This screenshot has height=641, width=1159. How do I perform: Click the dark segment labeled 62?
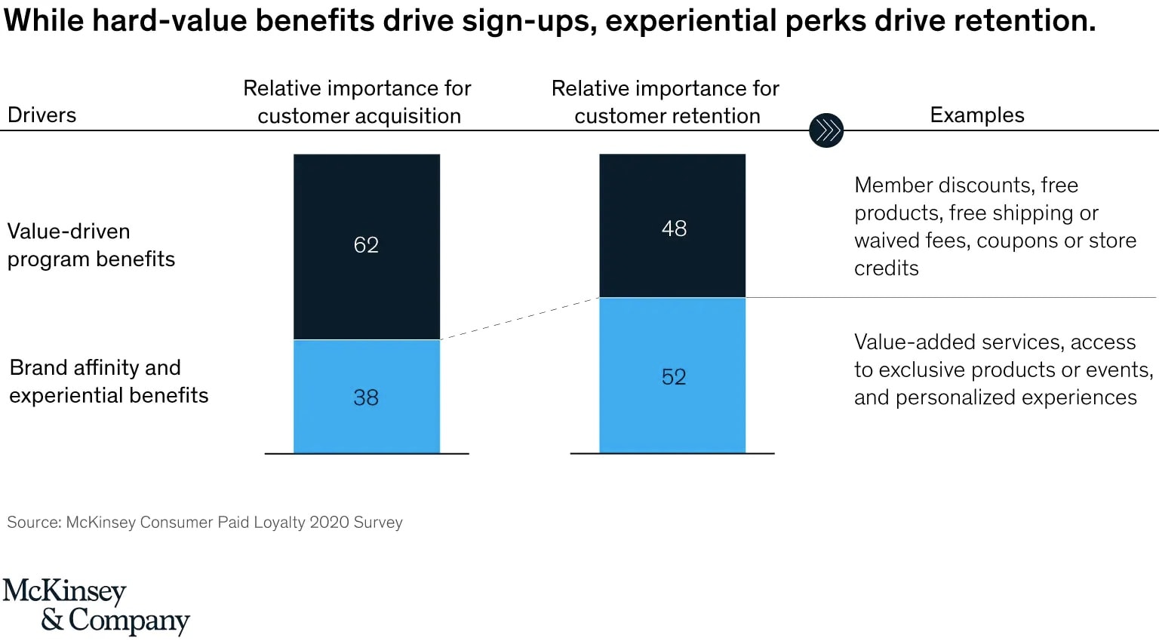(x=367, y=247)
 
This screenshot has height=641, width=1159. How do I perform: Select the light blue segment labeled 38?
(x=367, y=397)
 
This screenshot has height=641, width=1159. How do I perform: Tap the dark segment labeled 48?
(x=672, y=226)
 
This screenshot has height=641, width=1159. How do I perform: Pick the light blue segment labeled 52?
(x=672, y=376)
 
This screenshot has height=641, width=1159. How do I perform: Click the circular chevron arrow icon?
(x=825, y=130)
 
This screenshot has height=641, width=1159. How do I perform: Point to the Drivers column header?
(x=42, y=115)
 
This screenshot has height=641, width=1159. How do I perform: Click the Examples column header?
(x=976, y=115)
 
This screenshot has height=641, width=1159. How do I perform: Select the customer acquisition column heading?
(x=358, y=102)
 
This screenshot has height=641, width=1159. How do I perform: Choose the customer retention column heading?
(x=666, y=102)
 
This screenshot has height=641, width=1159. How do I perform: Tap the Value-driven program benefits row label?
(x=91, y=245)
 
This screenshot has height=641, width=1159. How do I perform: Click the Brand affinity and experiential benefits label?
(x=109, y=382)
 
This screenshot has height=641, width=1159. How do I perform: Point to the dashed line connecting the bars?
(x=519, y=319)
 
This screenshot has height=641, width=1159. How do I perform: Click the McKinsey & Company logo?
(x=96, y=606)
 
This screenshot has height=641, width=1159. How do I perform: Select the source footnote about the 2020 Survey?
(x=204, y=523)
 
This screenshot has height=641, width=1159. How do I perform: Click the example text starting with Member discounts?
(x=995, y=226)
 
